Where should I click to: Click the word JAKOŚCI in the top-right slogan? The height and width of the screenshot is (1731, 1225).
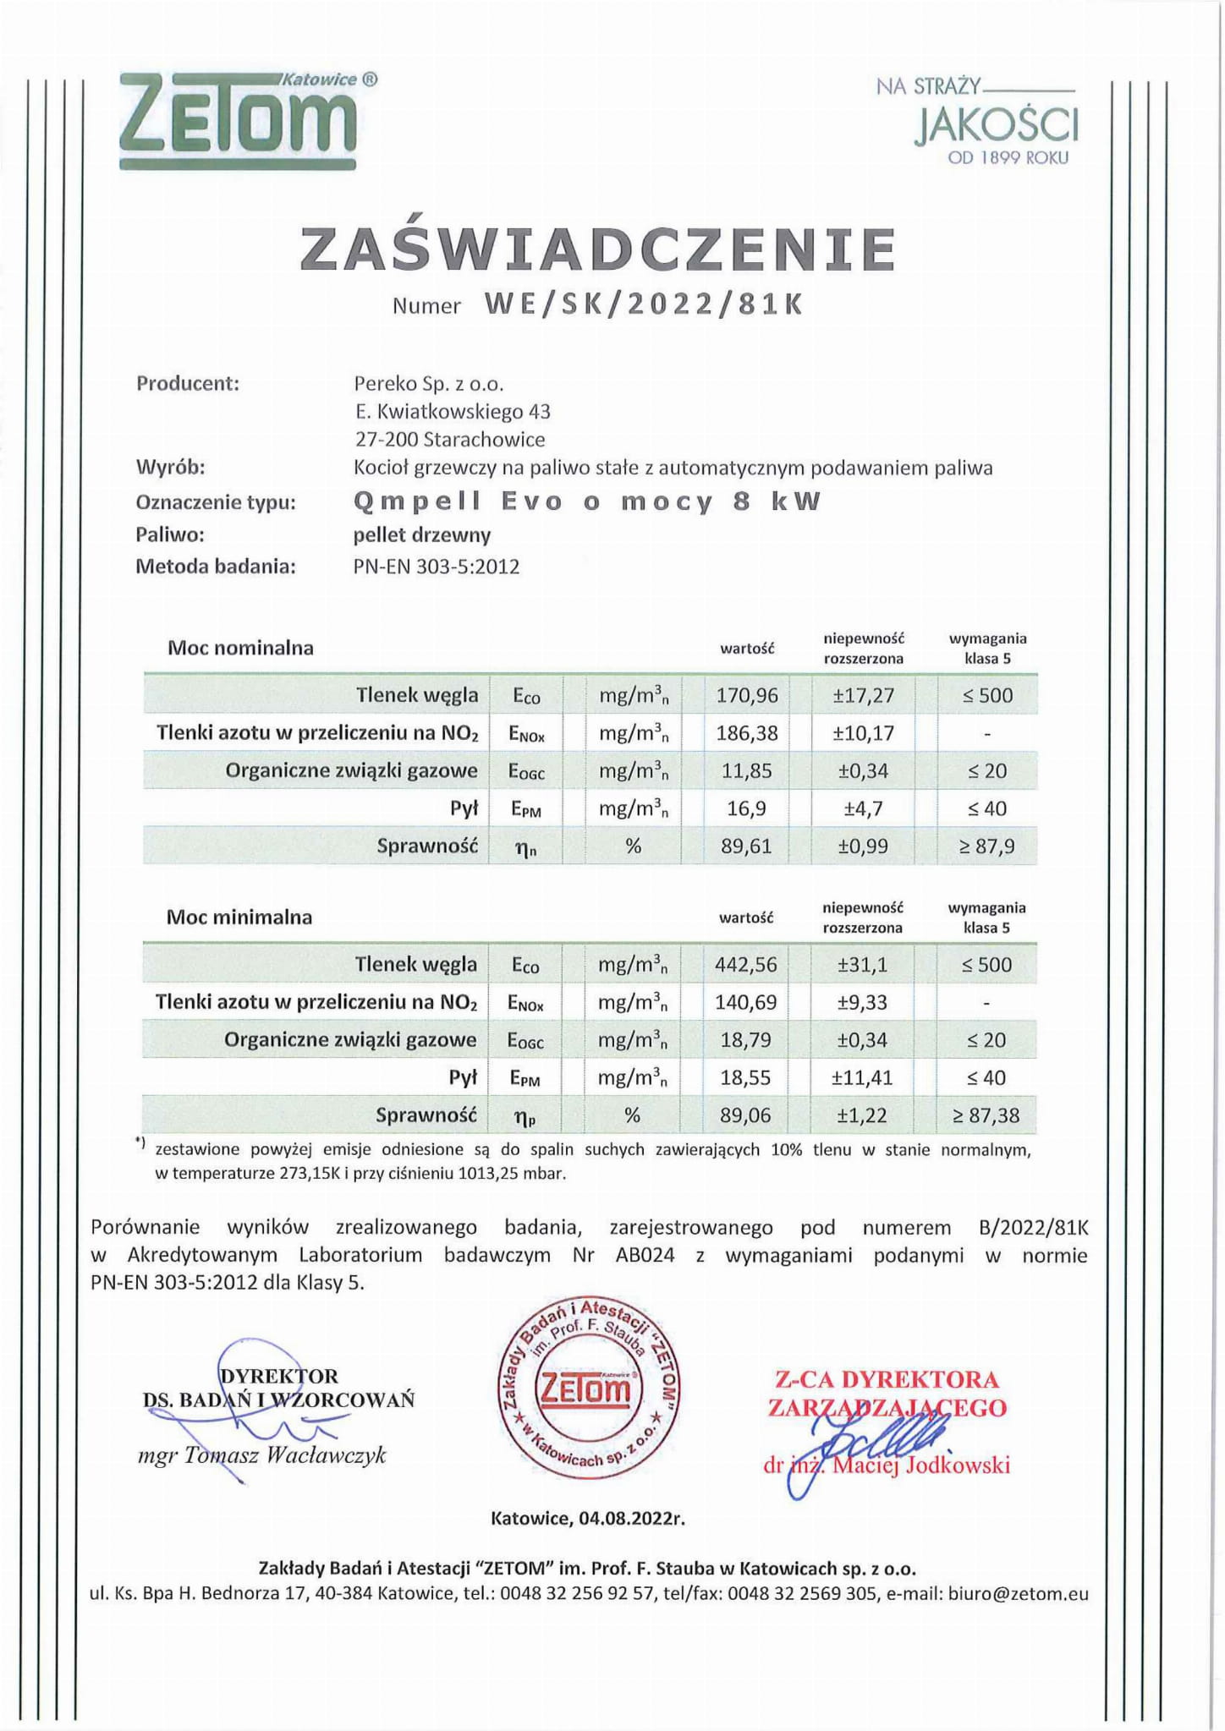click(996, 125)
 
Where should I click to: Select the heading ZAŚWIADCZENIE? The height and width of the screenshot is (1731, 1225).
click(598, 249)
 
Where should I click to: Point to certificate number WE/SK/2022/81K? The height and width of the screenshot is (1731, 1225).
click(643, 304)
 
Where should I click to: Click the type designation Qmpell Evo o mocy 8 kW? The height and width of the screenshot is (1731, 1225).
click(587, 501)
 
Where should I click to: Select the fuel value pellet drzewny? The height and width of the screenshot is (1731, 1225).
click(421, 534)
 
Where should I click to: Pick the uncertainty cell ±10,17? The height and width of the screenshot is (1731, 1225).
click(863, 733)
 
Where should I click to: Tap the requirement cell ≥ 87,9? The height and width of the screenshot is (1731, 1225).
click(986, 846)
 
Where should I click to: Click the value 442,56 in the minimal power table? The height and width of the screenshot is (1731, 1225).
click(745, 965)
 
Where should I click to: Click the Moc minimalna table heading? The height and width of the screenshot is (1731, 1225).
click(239, 917)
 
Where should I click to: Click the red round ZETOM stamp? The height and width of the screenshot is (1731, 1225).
click(590, 1389)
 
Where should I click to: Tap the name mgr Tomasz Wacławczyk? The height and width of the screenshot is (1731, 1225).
click(262, 1455)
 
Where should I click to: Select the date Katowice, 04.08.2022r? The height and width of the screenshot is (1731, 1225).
click(588, 1518)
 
